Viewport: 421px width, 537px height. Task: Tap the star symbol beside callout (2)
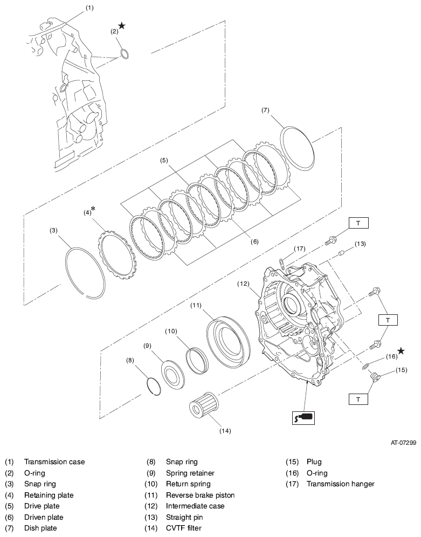click(122, 26)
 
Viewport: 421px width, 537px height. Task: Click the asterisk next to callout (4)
click(93, 209)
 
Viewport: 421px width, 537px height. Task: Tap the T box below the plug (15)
click(358, 399)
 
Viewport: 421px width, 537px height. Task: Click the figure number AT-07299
click(403, 443)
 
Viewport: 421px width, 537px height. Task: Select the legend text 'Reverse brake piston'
click(200, 495)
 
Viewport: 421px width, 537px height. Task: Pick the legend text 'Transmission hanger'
click(340, 484)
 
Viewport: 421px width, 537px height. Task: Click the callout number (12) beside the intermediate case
click(244, 283)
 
